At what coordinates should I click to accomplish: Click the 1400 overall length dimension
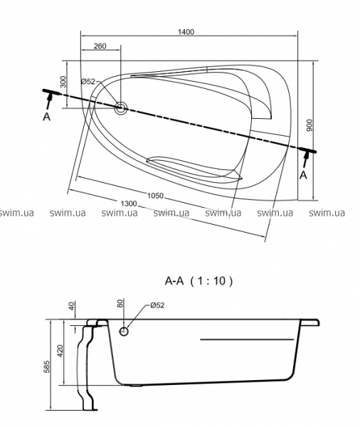click(x=186, y=32)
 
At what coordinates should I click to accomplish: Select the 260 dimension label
click(x=100, y=46)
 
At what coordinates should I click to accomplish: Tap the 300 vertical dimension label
click(x=63, y=82)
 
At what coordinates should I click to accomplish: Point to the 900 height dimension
click(x=309, y=125)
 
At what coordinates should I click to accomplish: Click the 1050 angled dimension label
click(x=155, y=196)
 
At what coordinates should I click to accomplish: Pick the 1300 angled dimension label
click(x=129, y=204)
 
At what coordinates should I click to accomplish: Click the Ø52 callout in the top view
click(x=88, y=81)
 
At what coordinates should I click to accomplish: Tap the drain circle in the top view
click(x=121, y=108)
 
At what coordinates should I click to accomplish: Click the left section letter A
click(x=47, y=117)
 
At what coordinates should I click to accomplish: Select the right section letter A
click(x=303, y=175)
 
